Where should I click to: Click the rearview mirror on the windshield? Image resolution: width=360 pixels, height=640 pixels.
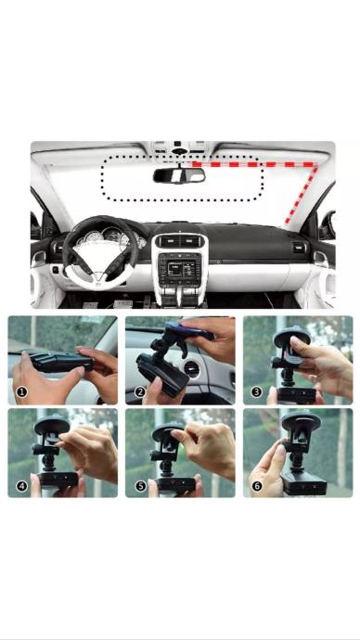[179, 175]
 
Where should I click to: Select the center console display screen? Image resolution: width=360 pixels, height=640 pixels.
[180, 269]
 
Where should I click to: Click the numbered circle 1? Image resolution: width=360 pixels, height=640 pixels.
[22, 392]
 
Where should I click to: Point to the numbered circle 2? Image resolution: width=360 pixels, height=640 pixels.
[140, 392]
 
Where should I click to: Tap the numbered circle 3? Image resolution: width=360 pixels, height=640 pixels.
[256, 392]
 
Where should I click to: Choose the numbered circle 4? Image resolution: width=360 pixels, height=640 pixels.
[22, 486]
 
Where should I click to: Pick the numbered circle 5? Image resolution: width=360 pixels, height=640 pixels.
[141, 486]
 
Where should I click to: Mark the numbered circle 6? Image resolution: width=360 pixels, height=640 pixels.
[257, 486]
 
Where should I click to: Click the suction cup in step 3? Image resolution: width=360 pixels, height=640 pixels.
[291, 337]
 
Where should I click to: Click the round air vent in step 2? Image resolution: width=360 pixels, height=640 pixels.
[190, 369]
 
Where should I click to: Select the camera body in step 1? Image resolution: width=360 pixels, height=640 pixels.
[62, 362]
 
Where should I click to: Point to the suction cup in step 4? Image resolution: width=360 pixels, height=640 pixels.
[52, 426]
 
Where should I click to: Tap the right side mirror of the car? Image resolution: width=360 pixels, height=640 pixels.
[328, 225]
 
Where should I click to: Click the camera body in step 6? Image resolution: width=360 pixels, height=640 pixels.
[303, 483]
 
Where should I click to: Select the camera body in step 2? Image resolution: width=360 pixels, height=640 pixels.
[162, 375]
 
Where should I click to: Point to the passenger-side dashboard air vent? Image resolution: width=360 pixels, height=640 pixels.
[299, 247]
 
